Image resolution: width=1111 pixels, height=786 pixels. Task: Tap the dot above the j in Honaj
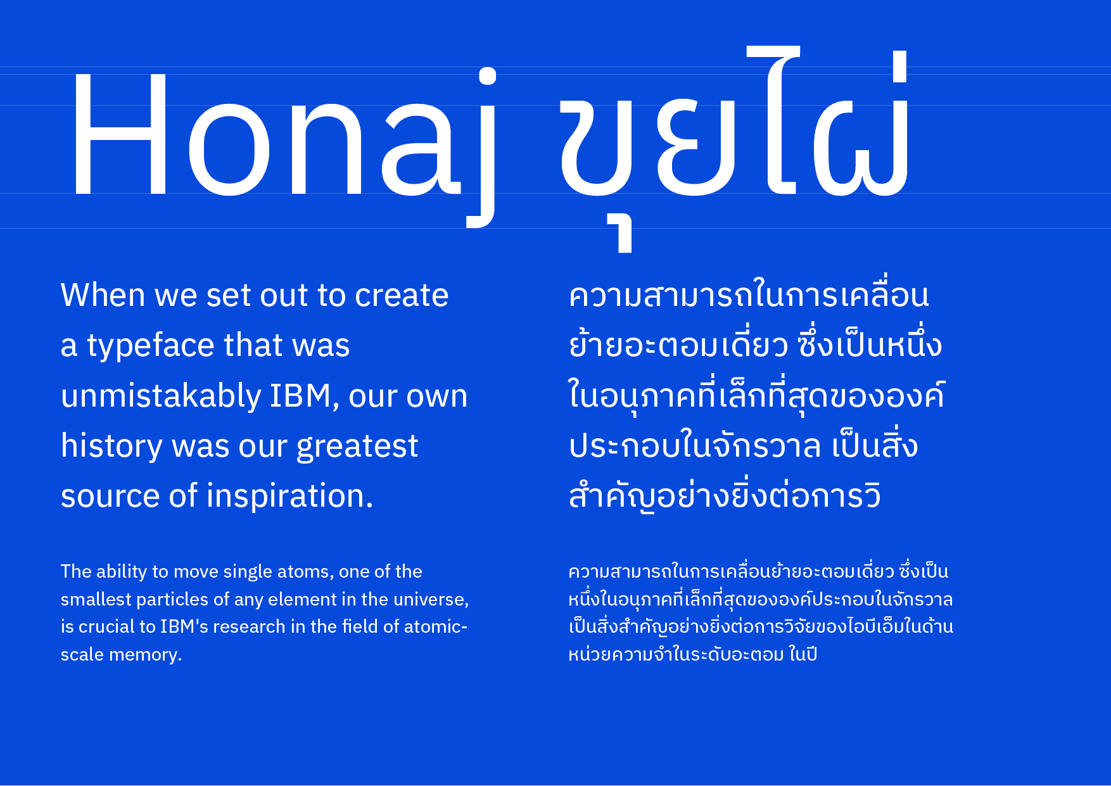487,76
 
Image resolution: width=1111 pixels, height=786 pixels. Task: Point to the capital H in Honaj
120,134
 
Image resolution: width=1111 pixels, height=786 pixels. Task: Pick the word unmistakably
161,396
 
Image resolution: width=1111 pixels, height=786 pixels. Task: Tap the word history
111,447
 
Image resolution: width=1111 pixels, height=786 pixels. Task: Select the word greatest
357,447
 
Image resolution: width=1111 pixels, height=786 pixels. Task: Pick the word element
302,599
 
